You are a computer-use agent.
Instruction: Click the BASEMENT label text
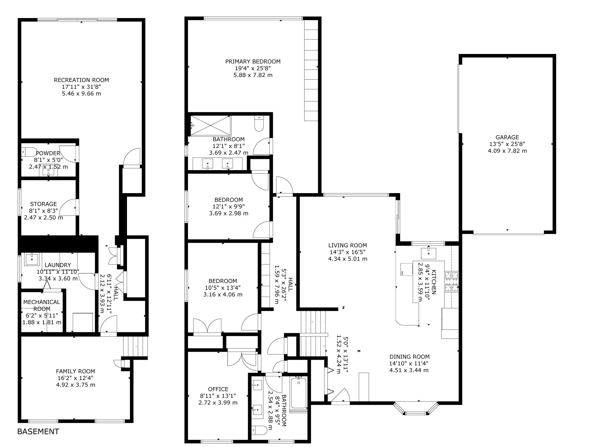38,431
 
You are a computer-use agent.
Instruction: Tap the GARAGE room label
507,137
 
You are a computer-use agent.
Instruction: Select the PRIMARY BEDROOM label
253,61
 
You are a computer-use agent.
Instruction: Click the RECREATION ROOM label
81,80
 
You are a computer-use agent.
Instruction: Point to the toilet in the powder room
29,152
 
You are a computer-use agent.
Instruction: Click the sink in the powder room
49,170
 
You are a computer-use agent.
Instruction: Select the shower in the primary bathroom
211,126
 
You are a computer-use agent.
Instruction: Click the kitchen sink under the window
428,253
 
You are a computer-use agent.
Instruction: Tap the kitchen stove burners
452,281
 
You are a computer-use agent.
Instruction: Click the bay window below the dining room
416,409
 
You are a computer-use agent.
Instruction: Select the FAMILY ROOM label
75,371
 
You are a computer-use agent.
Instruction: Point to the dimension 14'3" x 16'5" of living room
348,252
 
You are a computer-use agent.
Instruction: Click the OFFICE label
218,389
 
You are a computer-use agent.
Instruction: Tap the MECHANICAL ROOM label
42,305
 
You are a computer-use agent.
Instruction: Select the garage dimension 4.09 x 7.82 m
507,151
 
